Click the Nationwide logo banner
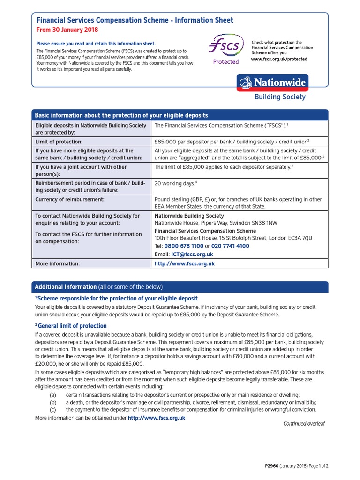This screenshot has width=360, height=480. tap(273, 83)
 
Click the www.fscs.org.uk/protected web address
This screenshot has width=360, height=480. tap(279, 60)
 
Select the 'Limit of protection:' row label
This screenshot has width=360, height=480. tap(59, 141)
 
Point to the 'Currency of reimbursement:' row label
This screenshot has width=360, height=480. tap(70, 199)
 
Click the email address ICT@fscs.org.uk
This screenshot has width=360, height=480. tap(192, 254)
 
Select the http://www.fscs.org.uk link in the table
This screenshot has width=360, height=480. tap(185, 264)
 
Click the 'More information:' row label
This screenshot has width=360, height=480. tap(58, 264)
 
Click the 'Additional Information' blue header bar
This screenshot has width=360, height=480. tap(180, 287)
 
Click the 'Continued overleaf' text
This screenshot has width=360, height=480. tap(304, 423)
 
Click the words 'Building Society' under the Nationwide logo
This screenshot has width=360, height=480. tap(279, 97)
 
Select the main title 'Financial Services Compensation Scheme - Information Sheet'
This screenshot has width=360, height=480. tap(135, 20)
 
